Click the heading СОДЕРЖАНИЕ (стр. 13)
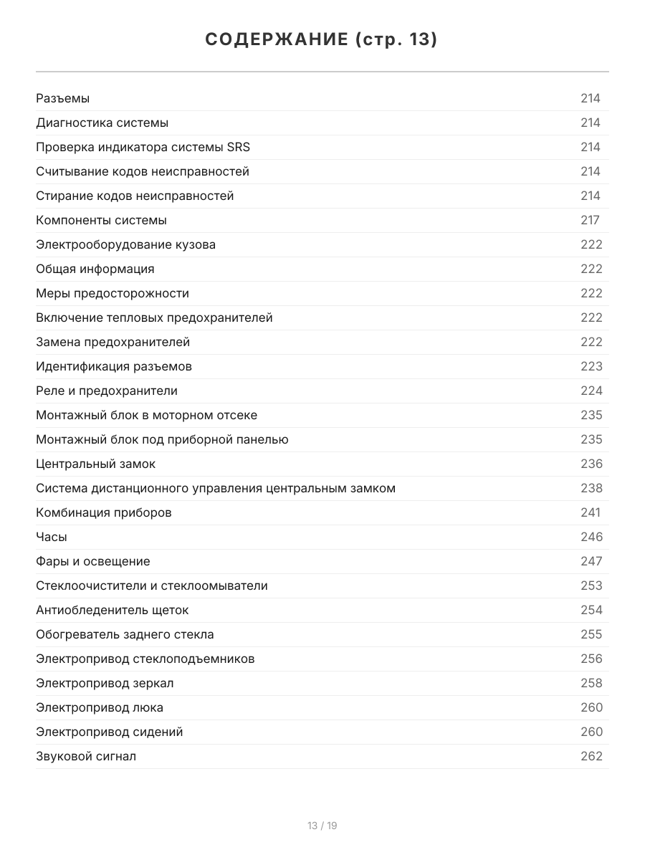[x=322, y=39]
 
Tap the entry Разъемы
[x=62, y=98]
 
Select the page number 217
[x=590, y=220]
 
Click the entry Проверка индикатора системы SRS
[x=143, y=147]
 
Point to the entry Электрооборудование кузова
[x=125, y=244]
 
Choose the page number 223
[x=591, y=366]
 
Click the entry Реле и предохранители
[x=107, y=391]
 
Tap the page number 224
[x=591, y=391]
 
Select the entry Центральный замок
[x=95, y=464]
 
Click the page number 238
[x=591, y=488]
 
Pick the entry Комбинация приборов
[x=104, y=512]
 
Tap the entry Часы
[x=52, y=537]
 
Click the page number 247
[x=591, y=561]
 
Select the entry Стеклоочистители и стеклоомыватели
[x=152, y=586]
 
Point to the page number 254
[x=591, y=610]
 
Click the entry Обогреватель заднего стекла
[x=125, y=634]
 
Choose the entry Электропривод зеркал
[x=105, y=683]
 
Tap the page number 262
[x=591, y=756]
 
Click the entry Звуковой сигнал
[x=86, y=756]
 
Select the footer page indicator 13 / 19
[x=322, y=826]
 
